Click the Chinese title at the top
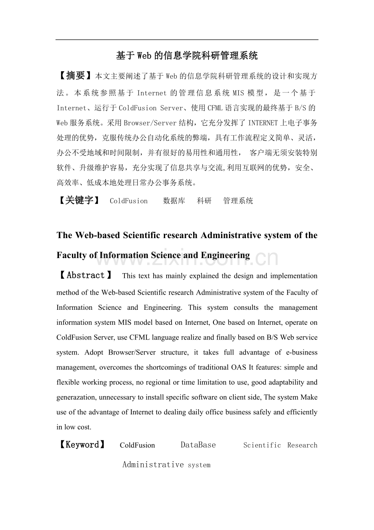[x=187, y=56]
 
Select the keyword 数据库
[x=174, y=201]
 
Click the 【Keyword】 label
[x=82, y=445]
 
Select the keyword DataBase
[x=198, y=445]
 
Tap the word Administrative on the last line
[x=153, y=464]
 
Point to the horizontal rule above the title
[x=187, y=40]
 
